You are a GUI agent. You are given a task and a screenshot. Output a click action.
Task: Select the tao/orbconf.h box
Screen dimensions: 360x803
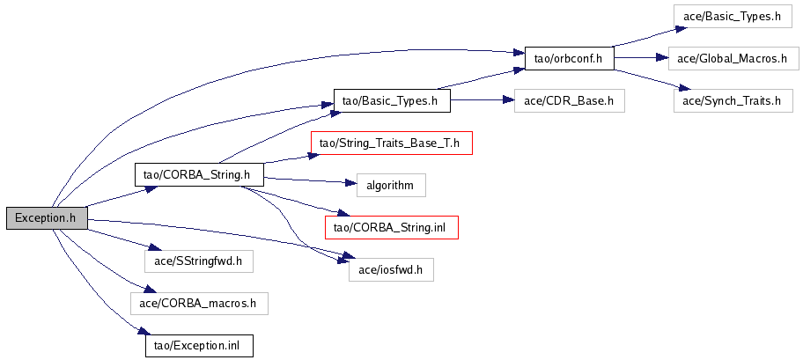pyautogui.click(x=569, y=59)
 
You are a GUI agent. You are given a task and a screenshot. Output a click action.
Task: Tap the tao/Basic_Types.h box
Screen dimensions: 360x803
pyautogui.click(x=391, y=100)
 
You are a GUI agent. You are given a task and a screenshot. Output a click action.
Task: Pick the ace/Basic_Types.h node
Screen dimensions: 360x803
pyautogui.click(x=726, y=17)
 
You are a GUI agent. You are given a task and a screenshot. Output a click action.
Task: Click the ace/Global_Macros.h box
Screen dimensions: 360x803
pyautogui.click(x=732, y=59)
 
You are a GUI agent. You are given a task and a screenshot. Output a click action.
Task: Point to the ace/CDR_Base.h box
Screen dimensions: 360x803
pyautogui.click(x=569, y=100)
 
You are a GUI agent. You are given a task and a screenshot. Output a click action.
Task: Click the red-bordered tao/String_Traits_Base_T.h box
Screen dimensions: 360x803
pyautogui.click(x=391, y=143)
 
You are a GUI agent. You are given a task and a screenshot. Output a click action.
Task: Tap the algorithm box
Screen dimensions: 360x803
pyautogui.click(x=391, y=185)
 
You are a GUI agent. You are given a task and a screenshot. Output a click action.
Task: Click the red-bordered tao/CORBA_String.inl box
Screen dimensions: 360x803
pyautogui.click(x=391, y=227)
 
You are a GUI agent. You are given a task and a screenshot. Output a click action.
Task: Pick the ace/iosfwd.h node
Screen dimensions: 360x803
pyautogui.click(x=391, y=269)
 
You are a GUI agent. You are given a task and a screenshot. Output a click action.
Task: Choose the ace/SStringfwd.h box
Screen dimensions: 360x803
pyautogui.click(x=198, y=261)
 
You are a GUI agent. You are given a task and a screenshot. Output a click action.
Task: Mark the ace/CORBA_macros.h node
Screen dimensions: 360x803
pyautogui.click(x=198, y=304)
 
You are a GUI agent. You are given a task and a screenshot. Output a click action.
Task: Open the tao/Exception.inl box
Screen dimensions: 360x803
pyautogui.click(x=198, y=346)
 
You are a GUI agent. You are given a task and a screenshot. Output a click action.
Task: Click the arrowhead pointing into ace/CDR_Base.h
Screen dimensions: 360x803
pyautogui.click(x=508, y=100)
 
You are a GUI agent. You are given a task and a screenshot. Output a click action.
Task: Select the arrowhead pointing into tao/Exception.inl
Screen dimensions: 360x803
pyautogui.click(x=140, y=333)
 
